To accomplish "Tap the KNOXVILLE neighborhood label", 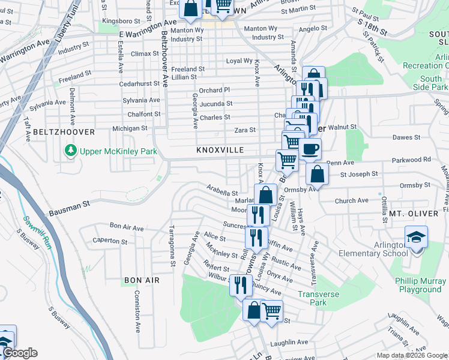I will (220, 150).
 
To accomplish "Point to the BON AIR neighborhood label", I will (142, 280).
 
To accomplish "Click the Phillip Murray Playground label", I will (418, 285).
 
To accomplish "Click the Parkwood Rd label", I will (411, 160).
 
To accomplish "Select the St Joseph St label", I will (359, 175).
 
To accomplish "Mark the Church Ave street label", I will (352, 200).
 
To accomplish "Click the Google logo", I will (20, 353).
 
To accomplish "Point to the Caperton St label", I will (108, 241).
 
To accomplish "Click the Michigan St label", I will (130, 128).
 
